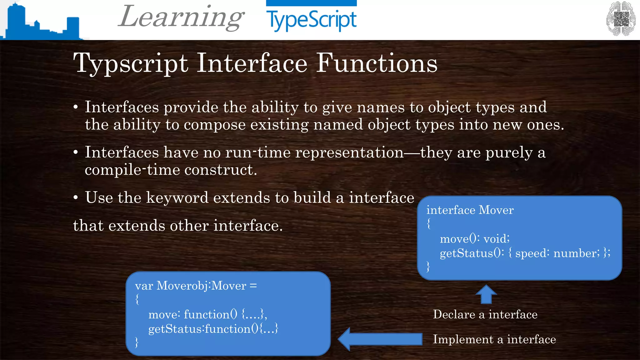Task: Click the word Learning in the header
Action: [x=181, y=17]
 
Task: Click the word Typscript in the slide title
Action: [x=131, y=63]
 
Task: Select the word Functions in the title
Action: [x=377, y=63]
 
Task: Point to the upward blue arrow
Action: [x=486, y=294]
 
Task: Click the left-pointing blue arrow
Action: [x=380, y=339]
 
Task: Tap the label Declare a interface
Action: [x=485, y=314]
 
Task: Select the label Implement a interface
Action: [x=494, y=339]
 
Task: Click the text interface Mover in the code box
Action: [x=470, y=210]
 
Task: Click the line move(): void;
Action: [x=474, y=239]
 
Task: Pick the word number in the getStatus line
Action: [x=576, y=253]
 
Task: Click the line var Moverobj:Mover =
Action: [x=196, y=286]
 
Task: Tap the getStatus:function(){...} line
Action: [x=213, y=329]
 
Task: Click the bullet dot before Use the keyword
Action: [x=76, y=198]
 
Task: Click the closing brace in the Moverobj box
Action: [x=137, y=342]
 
